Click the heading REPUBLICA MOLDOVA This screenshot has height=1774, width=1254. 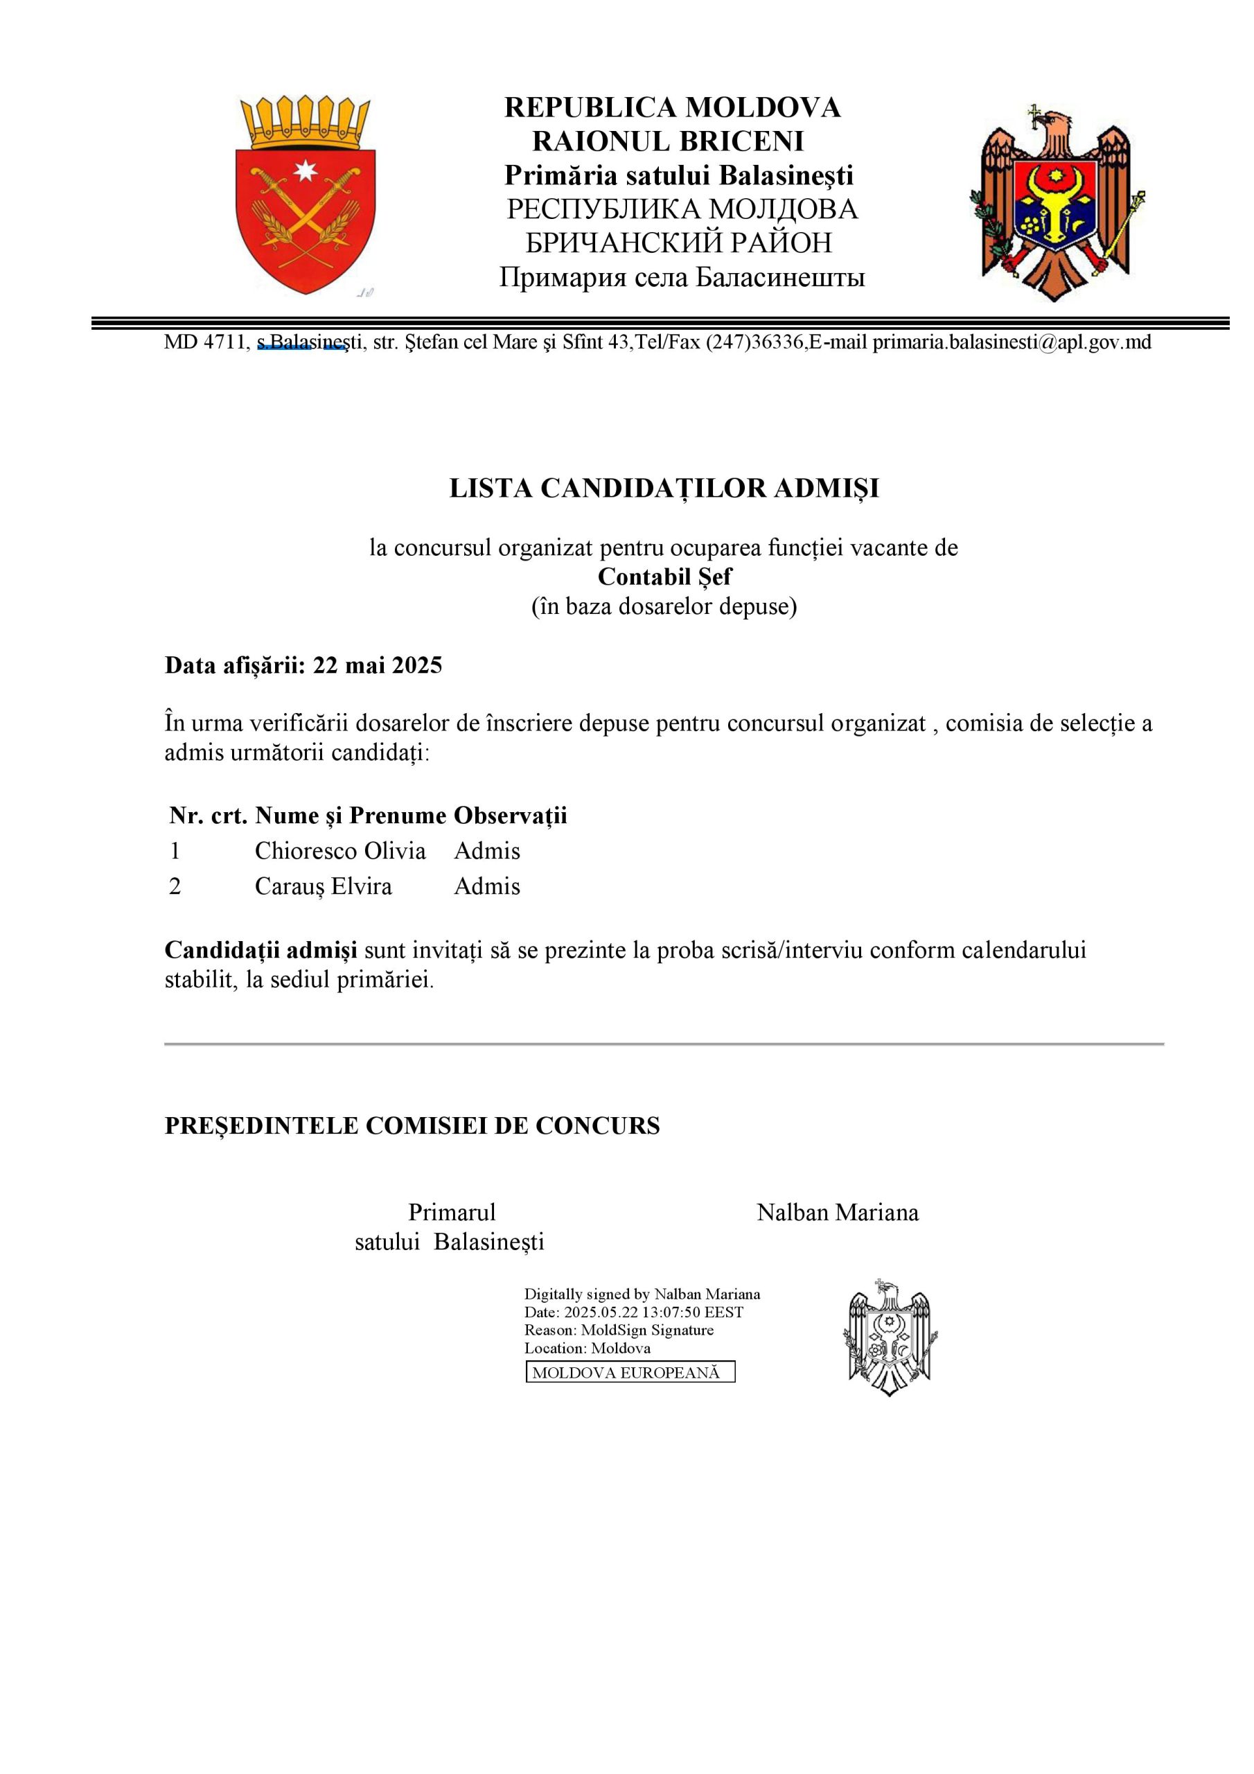(672, 107)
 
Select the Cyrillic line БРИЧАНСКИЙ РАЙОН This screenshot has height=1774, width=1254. (678, 243)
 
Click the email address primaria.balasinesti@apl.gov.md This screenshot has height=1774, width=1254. (1012, 342)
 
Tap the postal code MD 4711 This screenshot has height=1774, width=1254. (205, 342)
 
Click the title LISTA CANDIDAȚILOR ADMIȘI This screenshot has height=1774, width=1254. (664, 489)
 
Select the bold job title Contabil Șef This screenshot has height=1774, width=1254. (664, 577)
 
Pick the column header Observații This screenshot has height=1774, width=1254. (510, 815)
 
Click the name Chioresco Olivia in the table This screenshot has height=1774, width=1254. (340, 851)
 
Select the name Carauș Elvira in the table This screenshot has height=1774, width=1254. (323, 886)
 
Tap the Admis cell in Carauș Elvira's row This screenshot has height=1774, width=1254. (487, 886)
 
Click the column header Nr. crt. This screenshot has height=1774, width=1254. (208, 815)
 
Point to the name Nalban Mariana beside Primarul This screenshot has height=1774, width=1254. (838, 1212)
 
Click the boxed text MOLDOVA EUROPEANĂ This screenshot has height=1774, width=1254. (630, 1372)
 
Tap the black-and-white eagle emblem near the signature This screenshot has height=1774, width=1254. (890, 1337)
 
